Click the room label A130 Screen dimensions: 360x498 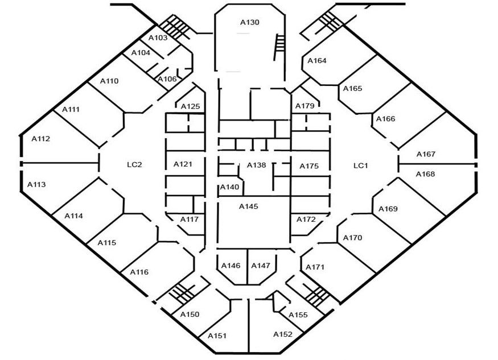249,23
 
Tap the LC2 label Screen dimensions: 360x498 134,165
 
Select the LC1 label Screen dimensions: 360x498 361,165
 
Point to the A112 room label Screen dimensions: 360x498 41,138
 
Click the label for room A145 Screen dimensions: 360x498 249,206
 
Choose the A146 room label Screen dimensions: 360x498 231,266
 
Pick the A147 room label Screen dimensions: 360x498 261,266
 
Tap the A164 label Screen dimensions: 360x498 317,60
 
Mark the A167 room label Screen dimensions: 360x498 426,154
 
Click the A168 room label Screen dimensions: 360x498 425,174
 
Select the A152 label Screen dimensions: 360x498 283,334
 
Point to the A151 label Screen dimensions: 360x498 217,336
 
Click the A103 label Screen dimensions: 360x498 158,38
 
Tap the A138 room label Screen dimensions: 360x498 256,165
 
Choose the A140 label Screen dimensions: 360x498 229,187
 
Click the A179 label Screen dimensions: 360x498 304,106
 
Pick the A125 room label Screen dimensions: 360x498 190,106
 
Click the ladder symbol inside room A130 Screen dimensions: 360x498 279,43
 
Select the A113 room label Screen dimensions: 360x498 36,184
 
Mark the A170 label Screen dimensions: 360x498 352,238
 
